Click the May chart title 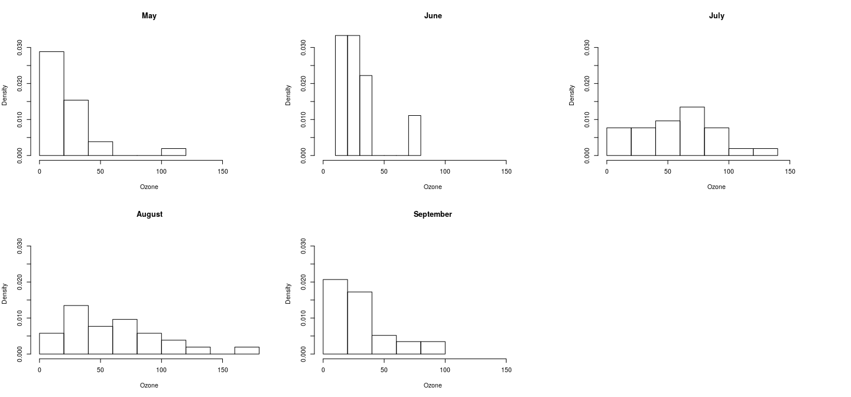tap(149, 16)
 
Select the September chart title tap(433, 214)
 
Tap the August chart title tap(149, 214)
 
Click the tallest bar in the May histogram tap(51, 103)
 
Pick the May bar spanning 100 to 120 tap(174, 152)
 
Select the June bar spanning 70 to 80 tap(414, 135)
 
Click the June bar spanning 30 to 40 tap(366, 115)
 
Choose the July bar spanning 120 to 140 tap(765, 152)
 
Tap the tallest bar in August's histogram tap(76, 330)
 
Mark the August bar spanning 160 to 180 tap(246, 350)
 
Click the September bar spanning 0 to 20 tap(335, 317)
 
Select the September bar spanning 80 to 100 tap(433, 348)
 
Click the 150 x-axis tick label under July tap(790, 171)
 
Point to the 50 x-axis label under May tap(100, 171)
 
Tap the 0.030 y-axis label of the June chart tap(304, 47)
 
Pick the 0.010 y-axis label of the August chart tap(20, 318)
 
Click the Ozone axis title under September tap(433, 385)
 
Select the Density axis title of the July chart tap(571, 95)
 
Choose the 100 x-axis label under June tap(445, 171)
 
